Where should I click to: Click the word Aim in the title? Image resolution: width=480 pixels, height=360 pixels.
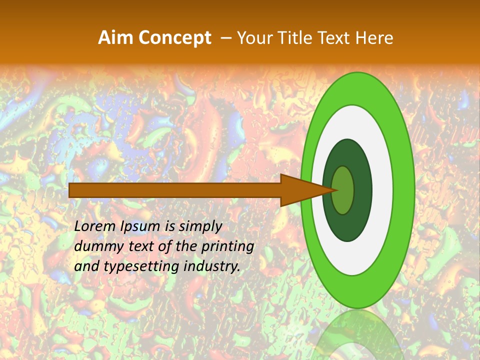pos(115,38)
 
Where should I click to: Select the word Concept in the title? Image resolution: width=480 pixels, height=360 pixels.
pos(174,38)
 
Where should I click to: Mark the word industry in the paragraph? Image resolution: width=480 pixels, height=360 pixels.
pos(212,266)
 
